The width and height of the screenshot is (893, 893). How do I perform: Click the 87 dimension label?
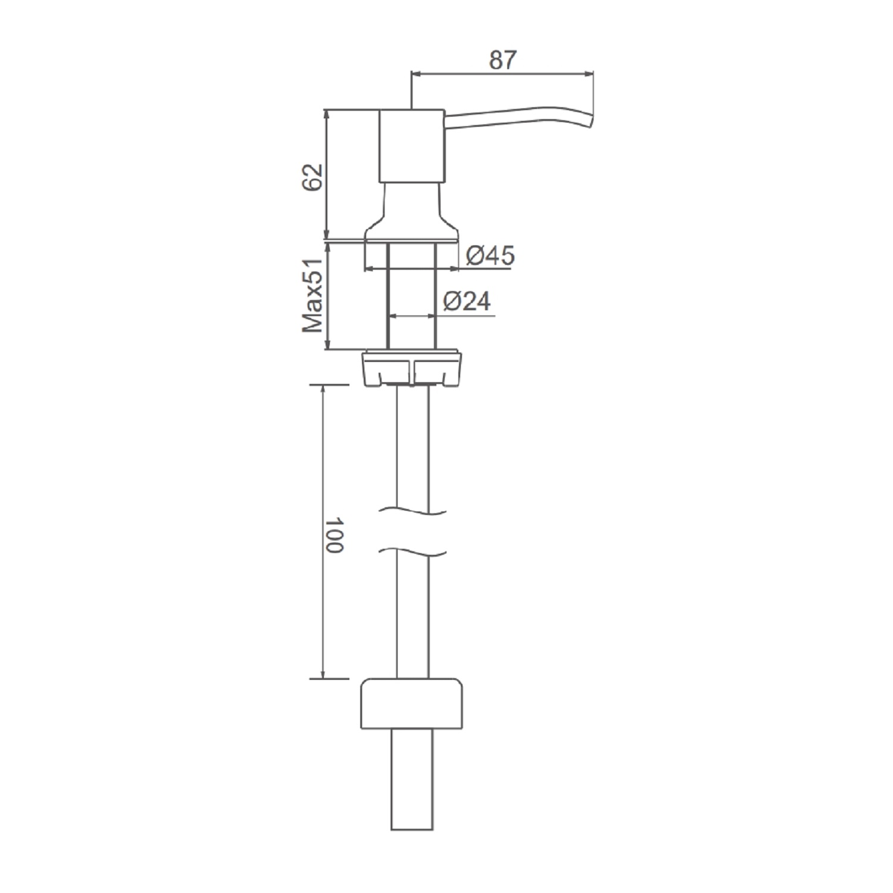504,60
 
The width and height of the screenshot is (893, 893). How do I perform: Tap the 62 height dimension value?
312,176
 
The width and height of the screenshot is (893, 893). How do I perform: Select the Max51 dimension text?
313,295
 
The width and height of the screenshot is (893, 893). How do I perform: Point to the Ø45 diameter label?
490,256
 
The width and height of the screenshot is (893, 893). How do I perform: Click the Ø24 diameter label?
467,302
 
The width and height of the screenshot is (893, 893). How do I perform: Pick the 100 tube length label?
335,535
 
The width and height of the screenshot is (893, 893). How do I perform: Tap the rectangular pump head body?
411,146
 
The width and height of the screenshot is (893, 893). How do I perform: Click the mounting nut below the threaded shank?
412,367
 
